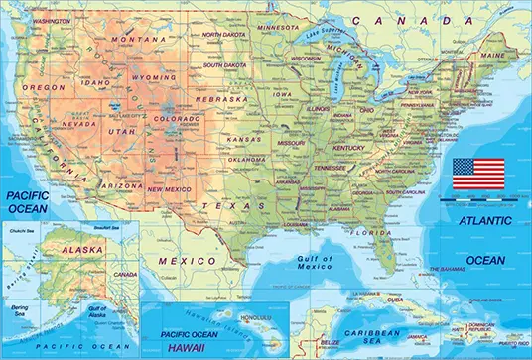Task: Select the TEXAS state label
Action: (x=222, y=204)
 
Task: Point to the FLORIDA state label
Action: (x=373, y=234)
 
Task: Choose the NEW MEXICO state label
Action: (x=170, y=187)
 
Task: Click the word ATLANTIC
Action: (x=484, y=220)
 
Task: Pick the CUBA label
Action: (x=395, y=300)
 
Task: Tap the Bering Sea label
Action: (x=19, y=312)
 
